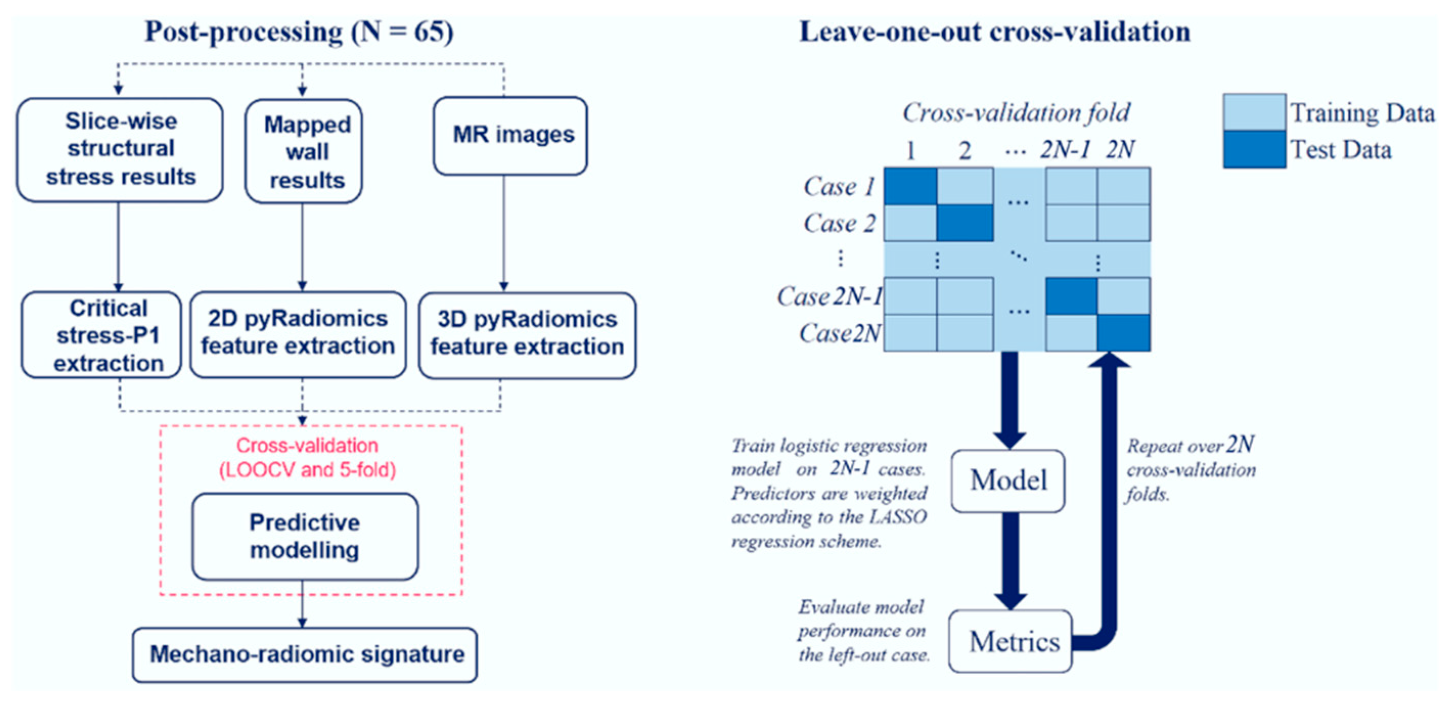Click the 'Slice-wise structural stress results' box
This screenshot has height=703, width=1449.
(x=120, y=150)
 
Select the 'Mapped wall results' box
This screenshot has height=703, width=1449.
(x=304, y=152)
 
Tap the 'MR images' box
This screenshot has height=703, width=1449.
(x=511, y=135)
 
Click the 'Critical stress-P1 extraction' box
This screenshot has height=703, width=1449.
(x=102, y=335)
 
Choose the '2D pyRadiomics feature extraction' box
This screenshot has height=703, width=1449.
(x=298, y=334)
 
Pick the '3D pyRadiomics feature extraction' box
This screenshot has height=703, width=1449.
(x=527, y=335)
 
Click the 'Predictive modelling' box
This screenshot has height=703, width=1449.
(x=305, y=536)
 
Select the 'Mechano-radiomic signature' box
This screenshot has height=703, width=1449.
(x=305, y=654)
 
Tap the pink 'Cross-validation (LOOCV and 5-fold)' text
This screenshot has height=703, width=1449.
(x=307, y=457)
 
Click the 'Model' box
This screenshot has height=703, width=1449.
(x=1008, y=481)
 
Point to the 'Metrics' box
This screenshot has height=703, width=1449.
(x=1010, y=641)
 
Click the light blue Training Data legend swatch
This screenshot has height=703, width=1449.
(x=1254, y=112)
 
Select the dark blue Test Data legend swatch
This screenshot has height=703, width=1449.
(x=1254, y=150)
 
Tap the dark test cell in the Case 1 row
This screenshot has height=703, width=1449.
(x=910, y=186)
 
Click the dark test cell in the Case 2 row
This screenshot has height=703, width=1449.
(x=964, y=223)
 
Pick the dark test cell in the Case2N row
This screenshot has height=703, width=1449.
(x=1123, y=332)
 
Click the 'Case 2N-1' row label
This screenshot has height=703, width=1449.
(x=829, y=297)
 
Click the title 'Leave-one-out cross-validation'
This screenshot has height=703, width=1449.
(x=994, y=32)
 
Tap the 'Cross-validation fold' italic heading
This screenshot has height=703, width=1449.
(x=1016, y=113)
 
